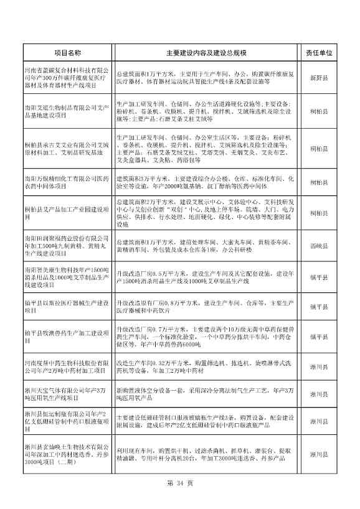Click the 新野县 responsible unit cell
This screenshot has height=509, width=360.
tap(319, 78)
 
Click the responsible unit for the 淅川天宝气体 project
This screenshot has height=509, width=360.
tap(319, 393)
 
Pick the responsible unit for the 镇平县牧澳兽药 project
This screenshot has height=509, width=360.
tap(319, 337)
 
